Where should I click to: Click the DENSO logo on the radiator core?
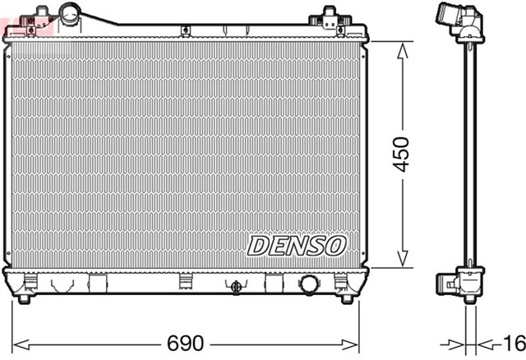coord(298,245)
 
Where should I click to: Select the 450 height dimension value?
coord(400,153)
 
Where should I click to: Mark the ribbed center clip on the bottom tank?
coord(186,282)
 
